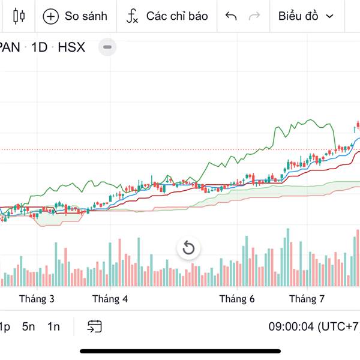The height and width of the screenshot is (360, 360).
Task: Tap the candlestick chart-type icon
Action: pos(19,16)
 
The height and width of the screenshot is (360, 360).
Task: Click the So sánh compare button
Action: pos(75,16)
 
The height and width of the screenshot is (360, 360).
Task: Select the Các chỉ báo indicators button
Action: pos(167,16)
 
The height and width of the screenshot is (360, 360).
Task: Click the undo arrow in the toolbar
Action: pos(231,16)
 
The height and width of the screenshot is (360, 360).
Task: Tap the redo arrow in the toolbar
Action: pos(254,16)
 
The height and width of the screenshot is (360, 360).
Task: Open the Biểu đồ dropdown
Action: pos(305,16)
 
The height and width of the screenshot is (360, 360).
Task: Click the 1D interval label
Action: pos(39,47)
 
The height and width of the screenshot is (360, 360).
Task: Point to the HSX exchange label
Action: pos(71,47)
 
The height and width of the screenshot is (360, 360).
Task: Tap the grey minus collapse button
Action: pos(107,47)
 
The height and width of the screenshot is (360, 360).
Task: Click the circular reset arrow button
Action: pos(188,248)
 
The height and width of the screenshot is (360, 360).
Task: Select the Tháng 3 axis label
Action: pos(37,299)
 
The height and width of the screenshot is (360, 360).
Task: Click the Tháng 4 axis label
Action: pos(110,299)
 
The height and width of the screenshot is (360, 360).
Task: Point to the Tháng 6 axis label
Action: pos(237,299)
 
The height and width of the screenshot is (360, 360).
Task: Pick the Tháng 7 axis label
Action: pos(307,299)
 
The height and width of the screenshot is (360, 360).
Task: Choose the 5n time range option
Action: pos(29,326)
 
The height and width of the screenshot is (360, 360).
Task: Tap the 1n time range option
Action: pos(54,326)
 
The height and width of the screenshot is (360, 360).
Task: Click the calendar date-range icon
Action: pos(94,326)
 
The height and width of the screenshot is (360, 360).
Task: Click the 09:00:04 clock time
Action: pos(292,326)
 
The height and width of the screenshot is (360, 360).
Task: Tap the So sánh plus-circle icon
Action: pos(51,16)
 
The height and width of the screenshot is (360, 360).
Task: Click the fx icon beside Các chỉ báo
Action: pos(133,16)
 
